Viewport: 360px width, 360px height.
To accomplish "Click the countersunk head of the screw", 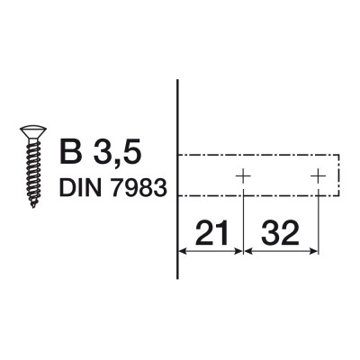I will (x=31, y=136).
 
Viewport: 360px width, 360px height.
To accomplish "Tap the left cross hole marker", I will (x=242, y=175).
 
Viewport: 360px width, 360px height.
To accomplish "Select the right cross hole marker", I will (x=318, y=175).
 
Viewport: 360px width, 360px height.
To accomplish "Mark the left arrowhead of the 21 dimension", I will (x=184, y=251).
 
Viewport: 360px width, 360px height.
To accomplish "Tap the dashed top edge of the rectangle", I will (x=261, y=156).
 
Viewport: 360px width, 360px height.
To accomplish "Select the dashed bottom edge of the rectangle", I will (x=261, y=196).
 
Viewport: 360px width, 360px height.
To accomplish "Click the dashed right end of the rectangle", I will (x=339, y=175).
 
